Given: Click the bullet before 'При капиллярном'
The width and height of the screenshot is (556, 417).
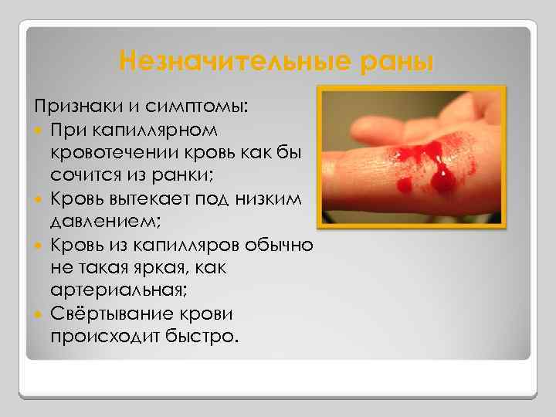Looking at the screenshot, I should coord(39,127).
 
